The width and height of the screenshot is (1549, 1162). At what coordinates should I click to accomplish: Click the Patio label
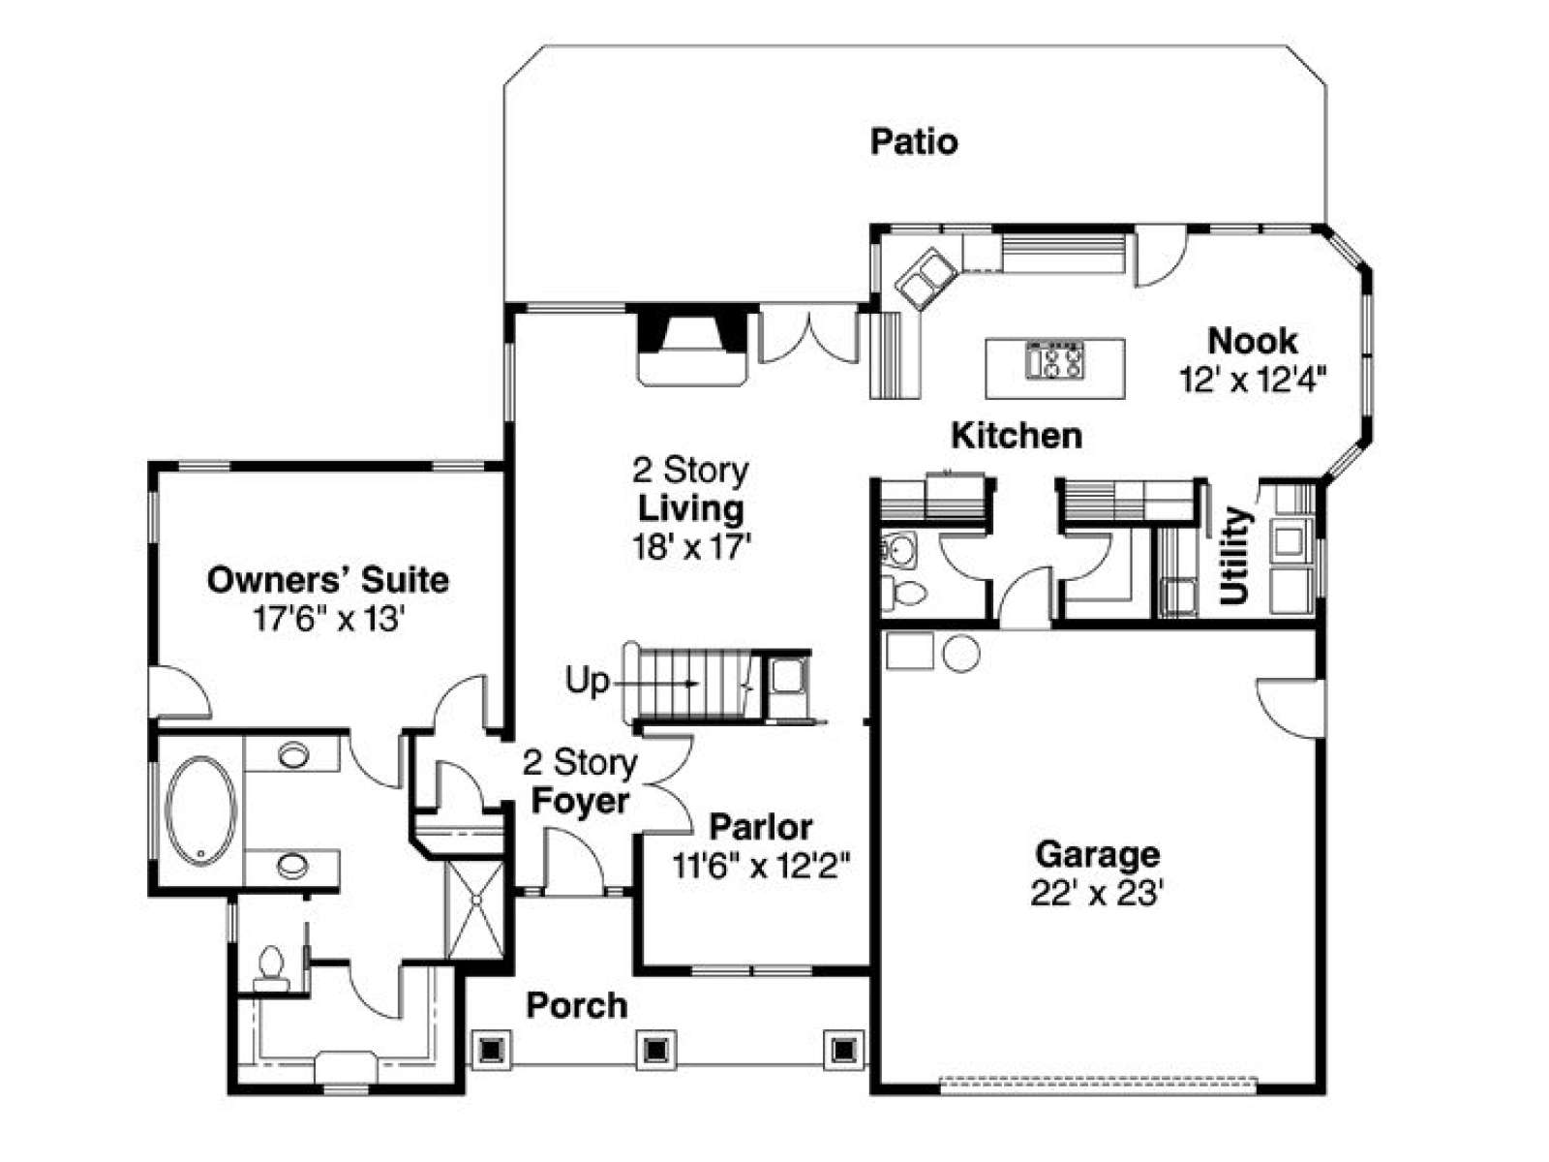913,141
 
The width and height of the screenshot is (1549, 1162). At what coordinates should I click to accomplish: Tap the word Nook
1252,342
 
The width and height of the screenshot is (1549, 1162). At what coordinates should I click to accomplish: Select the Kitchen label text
1017,436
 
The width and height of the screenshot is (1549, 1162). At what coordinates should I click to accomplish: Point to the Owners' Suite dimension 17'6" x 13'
328,620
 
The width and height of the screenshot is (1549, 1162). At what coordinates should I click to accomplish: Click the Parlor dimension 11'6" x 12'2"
761,866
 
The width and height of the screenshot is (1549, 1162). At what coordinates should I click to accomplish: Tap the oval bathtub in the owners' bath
201,811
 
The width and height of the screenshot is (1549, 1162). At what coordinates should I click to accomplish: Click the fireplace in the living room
691,345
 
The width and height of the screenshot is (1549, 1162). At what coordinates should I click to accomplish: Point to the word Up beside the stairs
587,682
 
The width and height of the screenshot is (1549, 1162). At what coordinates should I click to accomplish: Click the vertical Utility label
1235,556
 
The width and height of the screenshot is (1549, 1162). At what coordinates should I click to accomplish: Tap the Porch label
577,1005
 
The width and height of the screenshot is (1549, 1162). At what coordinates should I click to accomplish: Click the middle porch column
656,1051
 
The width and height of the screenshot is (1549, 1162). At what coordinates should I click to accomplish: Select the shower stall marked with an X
475,908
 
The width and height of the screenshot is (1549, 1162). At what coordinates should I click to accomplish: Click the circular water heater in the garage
961,654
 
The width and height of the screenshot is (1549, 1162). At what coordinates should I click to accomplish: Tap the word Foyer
580,801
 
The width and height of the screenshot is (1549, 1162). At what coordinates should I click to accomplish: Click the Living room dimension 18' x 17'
691,546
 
